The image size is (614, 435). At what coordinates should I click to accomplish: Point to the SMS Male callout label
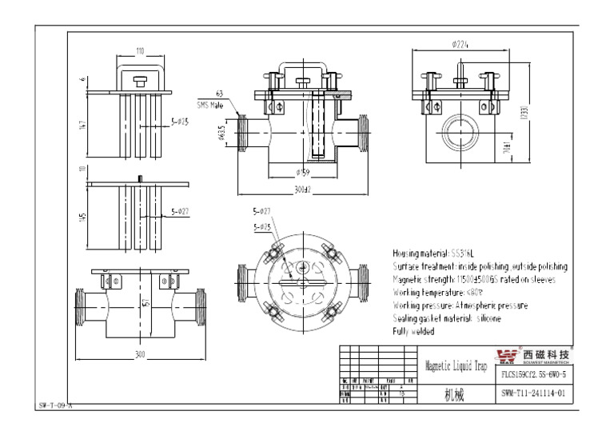(210, 105)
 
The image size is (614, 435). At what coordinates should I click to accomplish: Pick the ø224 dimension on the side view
(460, 45)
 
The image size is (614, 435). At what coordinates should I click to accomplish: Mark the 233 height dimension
(524, 111)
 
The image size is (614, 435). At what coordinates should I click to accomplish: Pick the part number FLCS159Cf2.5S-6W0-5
(535, 374)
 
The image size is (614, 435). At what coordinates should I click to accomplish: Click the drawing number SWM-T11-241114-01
(535, 393)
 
